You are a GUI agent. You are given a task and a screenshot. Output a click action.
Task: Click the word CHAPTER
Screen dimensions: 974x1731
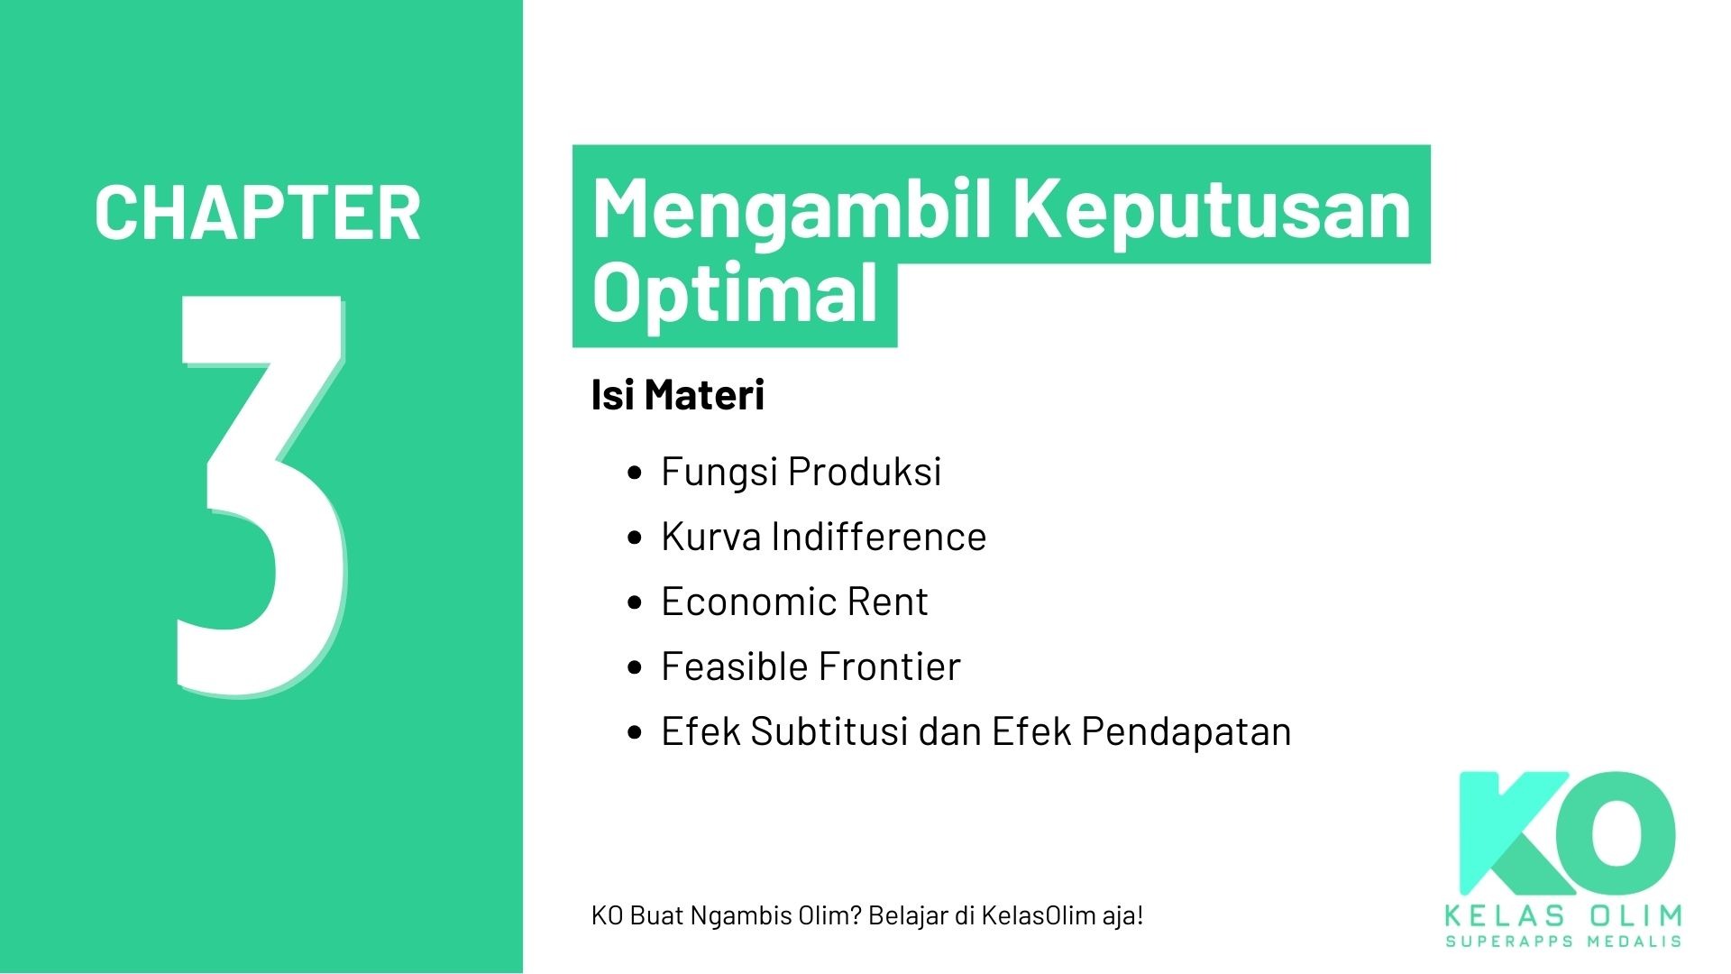(257, 213)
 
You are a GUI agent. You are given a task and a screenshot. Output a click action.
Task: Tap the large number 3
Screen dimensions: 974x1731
(261, 496)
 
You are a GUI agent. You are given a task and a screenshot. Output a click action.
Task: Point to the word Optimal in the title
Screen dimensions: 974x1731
(735, 293)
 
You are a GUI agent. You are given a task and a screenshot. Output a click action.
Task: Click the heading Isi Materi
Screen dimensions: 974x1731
(677, 395)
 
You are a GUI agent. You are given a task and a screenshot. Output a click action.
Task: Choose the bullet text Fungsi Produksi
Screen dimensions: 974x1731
(801, 472)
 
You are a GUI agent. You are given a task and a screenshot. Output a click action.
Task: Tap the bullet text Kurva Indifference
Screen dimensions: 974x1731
(823, 537)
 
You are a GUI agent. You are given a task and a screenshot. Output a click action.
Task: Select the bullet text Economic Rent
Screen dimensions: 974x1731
(794, 602)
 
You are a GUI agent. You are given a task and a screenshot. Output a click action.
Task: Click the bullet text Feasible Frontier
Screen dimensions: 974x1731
(811, 666)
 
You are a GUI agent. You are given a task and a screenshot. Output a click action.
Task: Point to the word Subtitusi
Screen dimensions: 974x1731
(829, 731)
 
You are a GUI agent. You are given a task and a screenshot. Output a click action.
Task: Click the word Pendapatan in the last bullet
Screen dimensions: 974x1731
(1186, 731)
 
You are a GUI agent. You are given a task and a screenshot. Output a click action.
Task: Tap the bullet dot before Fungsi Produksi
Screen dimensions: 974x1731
(636, 473)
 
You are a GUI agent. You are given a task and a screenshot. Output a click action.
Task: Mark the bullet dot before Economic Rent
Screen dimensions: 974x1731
(636, 602)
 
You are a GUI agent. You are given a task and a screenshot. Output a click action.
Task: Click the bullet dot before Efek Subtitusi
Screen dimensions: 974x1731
(636, 732)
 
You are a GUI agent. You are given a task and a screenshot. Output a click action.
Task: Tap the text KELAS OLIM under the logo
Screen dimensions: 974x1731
(1563, 916)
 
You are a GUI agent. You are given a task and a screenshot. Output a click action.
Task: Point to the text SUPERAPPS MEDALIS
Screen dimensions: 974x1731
(1563, 942)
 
